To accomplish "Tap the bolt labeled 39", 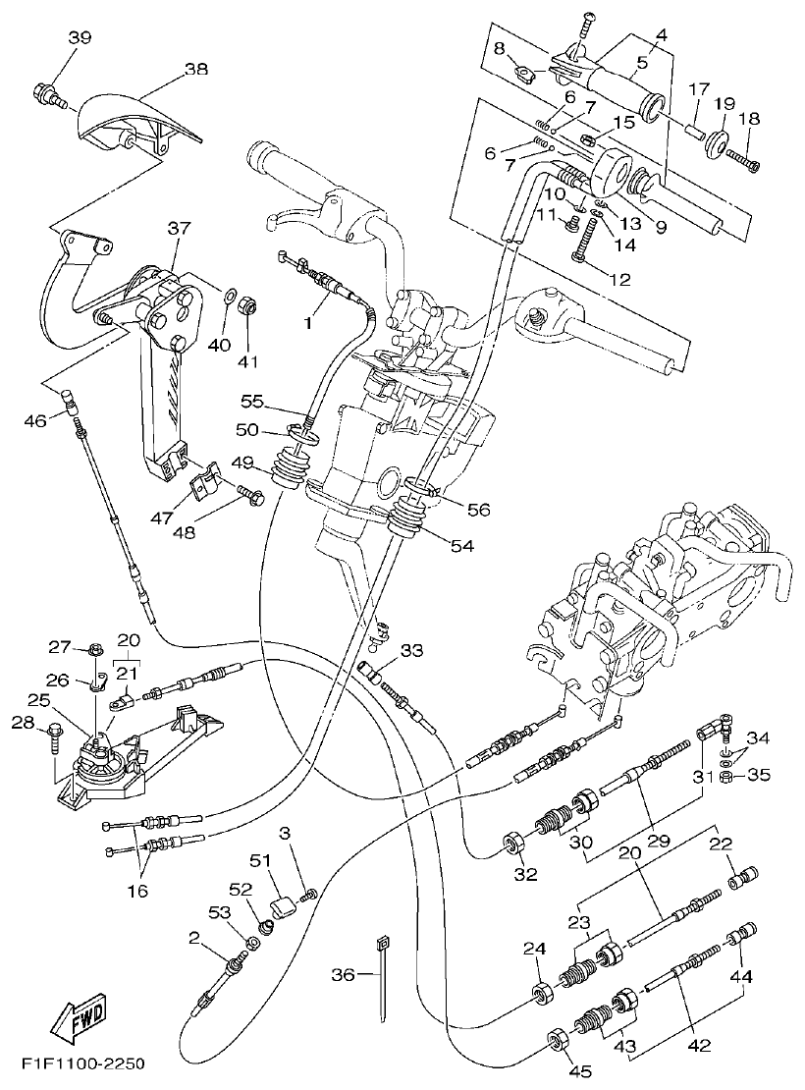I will point(46,95).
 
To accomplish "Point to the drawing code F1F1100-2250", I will point(84,1064).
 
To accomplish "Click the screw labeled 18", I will point(745,157).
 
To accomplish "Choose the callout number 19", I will point(724,103).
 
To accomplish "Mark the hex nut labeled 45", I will point(554,1040).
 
